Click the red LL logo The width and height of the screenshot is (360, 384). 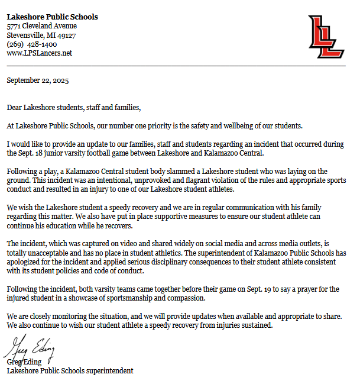coord(326,37)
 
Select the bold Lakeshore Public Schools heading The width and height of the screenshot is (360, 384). coord(52,17)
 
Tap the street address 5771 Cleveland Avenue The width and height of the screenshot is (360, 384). coord(41,26)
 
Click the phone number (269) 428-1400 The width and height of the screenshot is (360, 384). coord(32,44)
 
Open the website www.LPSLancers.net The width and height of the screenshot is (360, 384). coord(39,53)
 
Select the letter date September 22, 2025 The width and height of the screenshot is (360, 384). coord(38,80)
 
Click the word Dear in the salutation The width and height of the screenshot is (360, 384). coord(14,107)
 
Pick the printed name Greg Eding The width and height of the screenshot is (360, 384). coord(25,362)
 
